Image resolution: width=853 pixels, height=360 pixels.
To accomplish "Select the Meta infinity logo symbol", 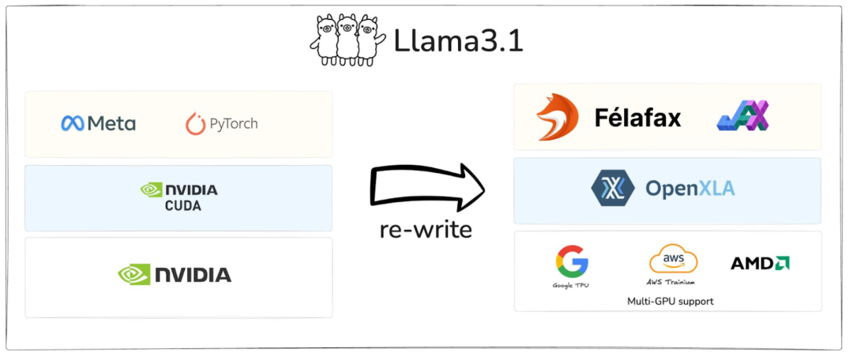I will tap(73, 124).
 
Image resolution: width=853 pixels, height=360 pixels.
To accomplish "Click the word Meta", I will tap(111, 124).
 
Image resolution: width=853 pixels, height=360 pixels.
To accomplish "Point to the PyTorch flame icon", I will tap(195, 124).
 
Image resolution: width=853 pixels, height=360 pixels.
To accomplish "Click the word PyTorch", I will tap(234, 124).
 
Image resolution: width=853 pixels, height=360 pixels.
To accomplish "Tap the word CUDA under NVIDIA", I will tap(182, 206).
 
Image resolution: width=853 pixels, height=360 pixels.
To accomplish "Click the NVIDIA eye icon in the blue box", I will tap(151, 190).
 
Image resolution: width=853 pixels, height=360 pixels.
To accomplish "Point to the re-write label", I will tap(426, 231).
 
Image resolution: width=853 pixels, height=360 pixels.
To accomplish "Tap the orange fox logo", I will tap(557, 118).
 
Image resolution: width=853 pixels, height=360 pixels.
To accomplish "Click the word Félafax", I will tap(637, 118).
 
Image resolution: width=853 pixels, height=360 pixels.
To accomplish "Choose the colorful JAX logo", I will tap(742, 117).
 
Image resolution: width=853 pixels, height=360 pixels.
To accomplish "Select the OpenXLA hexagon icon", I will tap(613, 187).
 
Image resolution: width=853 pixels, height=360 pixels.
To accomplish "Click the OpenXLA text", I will tap(690, 188).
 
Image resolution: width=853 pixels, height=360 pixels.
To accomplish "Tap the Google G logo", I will tap(572, 261).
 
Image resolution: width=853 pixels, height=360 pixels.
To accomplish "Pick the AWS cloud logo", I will tap(673, 259).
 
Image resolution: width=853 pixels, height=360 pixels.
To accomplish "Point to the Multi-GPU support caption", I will tap(670, 301).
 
